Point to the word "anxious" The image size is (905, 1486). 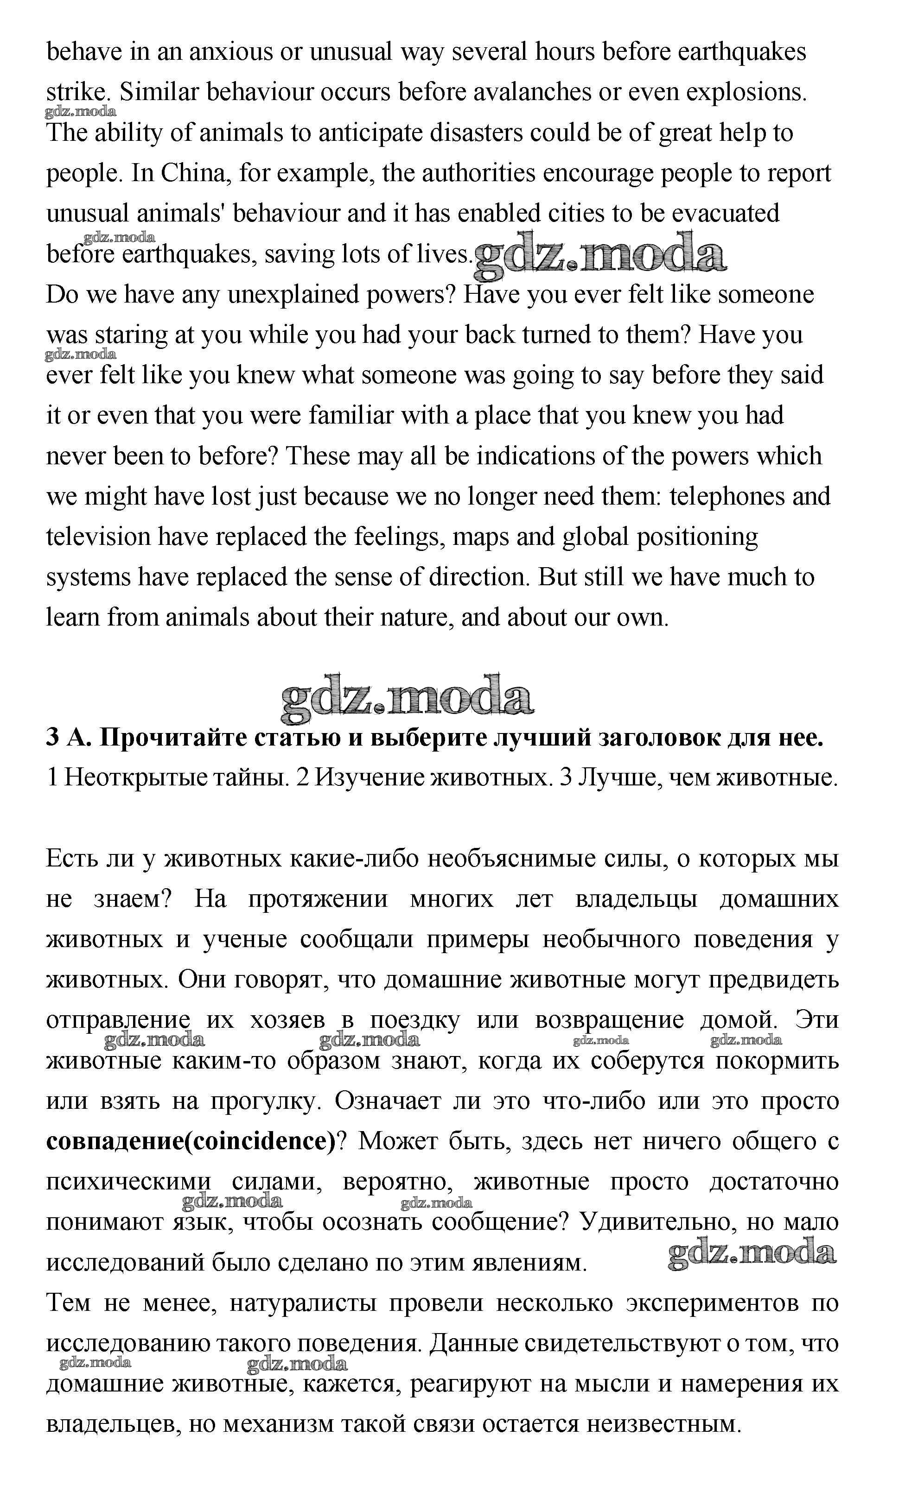click(x=231, y=52)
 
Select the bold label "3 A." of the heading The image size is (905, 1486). click(x=68, y=738)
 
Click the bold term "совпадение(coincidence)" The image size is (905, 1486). click(x=190, y=1142)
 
